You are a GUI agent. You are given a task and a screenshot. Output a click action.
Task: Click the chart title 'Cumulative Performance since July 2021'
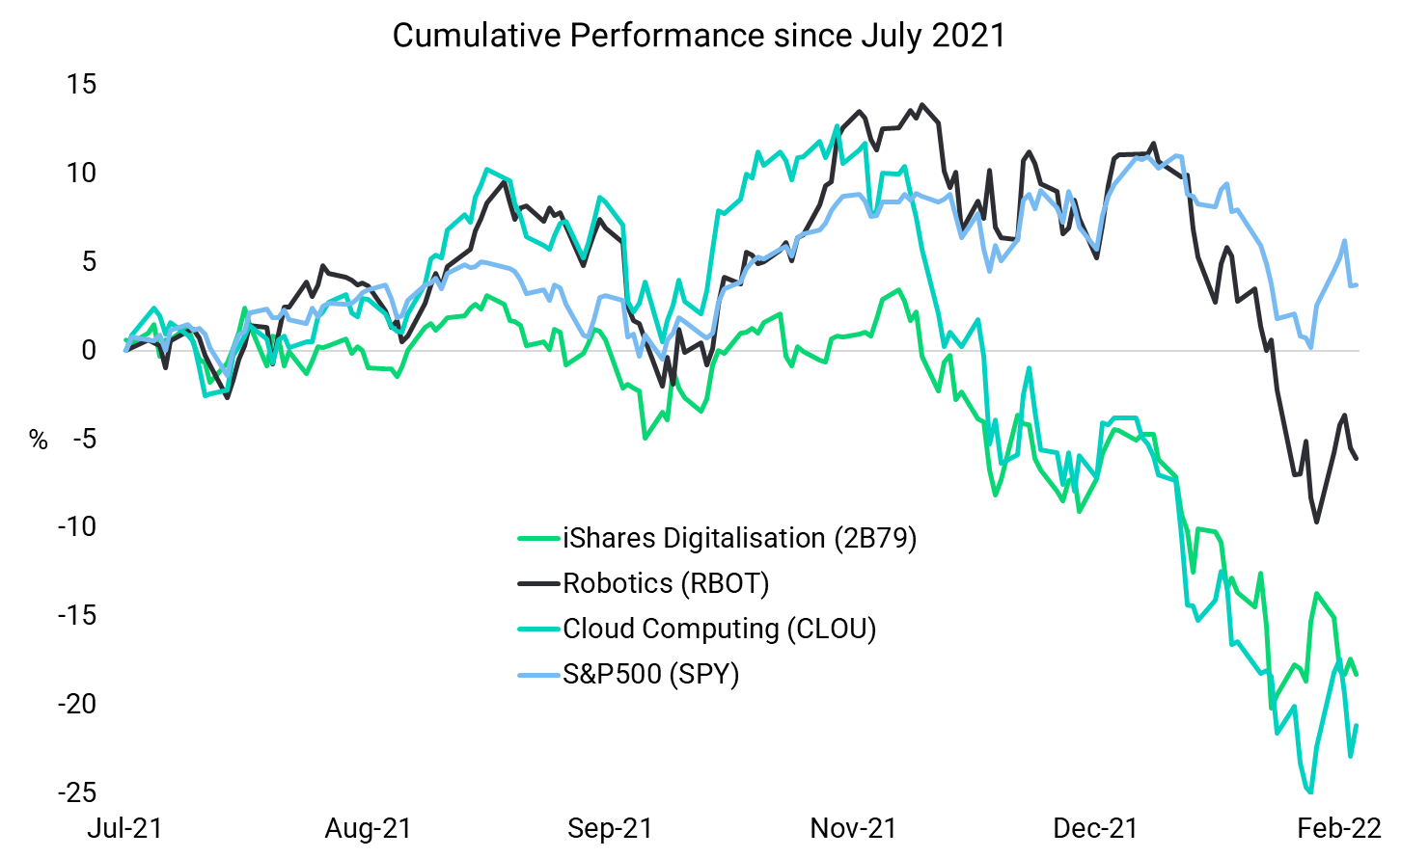click(699, 36)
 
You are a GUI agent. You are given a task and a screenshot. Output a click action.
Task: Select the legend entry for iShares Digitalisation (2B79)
click(739, 538)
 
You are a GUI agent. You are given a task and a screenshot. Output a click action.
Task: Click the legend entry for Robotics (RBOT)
click(666, 583)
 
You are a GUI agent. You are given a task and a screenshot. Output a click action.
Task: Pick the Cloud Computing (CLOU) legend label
click(719, 629)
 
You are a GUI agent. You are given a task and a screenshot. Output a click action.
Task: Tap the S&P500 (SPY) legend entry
click(650, 674)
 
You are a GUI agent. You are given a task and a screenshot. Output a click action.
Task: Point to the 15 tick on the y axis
click(82, 85)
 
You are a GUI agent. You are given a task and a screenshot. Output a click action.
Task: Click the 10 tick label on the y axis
click(82, 174)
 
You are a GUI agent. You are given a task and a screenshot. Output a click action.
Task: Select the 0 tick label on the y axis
click(89, 350)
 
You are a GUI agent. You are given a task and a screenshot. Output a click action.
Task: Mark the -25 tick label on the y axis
click(77, 792)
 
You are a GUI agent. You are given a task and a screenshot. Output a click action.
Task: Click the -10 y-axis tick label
click(77, 526)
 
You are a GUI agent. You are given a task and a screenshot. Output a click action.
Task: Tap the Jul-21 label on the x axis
click(124, 828)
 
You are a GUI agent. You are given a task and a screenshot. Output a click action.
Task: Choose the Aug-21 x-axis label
click(368, 828)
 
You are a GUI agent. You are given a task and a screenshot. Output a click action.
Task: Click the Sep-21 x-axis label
click(610, 828)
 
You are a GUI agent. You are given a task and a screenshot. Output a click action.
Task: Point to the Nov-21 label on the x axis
click(853, 828)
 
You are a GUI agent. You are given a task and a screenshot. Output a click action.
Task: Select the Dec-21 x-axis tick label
click(1095, 828)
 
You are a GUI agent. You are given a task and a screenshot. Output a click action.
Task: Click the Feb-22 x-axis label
click(1338, 828)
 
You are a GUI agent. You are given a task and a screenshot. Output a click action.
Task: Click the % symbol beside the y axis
click(39, 441)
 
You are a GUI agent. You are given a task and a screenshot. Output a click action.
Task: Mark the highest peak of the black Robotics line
click(922, 104)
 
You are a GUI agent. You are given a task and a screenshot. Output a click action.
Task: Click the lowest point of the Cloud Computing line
click(1310, 792)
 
